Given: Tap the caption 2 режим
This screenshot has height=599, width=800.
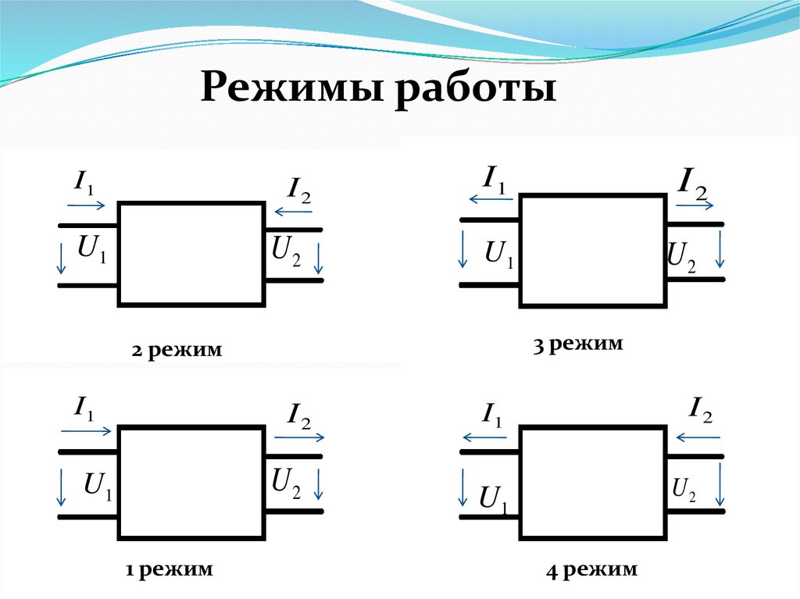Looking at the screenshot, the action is click(x=177, y=351).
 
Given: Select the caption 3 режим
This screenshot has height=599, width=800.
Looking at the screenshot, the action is click(x=578, y=343).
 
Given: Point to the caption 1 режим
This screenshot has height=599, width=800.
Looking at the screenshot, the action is click(x=170, y=569).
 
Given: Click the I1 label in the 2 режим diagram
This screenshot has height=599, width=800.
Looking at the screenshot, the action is click(x=84, y=184).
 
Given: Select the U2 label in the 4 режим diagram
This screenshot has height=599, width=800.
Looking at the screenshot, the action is click(x=684, y=490).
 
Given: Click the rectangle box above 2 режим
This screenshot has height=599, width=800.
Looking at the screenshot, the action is click(x=191, y=253).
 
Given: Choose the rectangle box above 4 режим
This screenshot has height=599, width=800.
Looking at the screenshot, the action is click(x=593, y=482).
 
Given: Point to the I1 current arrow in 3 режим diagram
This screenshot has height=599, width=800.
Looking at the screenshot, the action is click(x=487, y=199).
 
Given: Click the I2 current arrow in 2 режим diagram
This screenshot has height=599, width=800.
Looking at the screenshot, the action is click(x=291, y=210).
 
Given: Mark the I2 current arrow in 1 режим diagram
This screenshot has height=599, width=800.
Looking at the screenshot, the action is click(x=298, y=438).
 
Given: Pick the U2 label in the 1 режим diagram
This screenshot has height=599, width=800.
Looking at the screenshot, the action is click(x=286, y=483).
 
